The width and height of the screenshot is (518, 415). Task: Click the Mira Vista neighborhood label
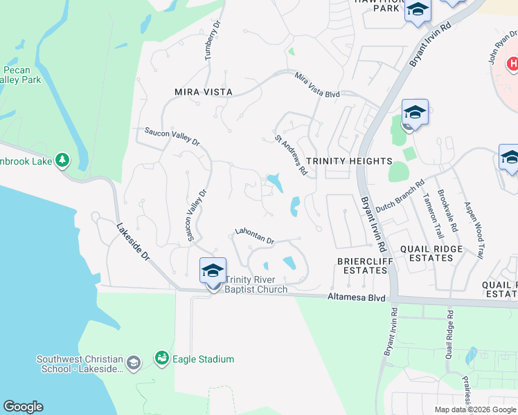coord(204,92)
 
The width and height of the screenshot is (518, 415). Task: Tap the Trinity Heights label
coord(349,161)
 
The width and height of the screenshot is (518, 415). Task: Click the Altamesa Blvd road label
coord(355,297)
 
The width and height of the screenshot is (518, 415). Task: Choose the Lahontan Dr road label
coord(255,236)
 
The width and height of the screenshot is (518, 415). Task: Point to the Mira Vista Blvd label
coord(317,84)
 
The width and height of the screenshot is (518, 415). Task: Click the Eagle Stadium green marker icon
coord(162,358)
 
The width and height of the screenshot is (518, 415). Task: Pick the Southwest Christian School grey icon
coord(134,362)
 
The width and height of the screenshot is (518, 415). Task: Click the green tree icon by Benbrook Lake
coord(62,160)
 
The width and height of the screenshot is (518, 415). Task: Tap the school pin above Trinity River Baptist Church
coord(213,270)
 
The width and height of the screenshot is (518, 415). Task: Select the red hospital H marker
coord(512,64)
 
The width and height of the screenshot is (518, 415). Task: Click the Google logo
coord(23,407)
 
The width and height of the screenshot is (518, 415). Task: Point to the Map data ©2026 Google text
coord(475,409)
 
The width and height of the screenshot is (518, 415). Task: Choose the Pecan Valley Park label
coord(21,75)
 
